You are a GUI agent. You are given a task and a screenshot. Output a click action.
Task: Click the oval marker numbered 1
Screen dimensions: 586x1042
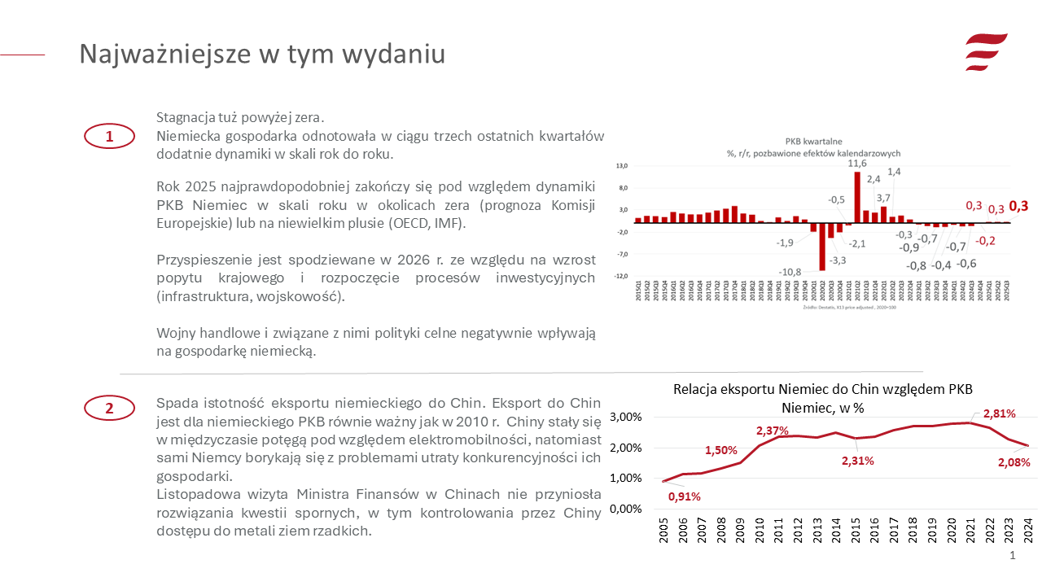pos(109,137)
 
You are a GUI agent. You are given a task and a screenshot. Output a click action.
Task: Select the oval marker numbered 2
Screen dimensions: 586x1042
pos(109,408)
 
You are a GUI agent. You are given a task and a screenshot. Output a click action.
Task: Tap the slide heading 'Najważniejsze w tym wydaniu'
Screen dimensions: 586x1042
pos(262,54)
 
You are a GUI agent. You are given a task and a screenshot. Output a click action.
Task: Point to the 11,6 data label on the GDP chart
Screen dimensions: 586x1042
pos(857,164)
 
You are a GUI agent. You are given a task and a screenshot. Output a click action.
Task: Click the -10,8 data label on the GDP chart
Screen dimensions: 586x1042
pos(790,272)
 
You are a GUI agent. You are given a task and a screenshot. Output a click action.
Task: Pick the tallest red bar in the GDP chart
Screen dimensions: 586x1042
pos(857,197)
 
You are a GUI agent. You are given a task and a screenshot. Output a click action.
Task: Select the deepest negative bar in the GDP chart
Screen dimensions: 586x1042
pos(822,246)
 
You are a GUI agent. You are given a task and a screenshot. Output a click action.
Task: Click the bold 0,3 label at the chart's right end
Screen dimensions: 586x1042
pos(1018,206)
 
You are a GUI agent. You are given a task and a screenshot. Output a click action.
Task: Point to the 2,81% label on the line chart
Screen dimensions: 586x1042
pos(999,413)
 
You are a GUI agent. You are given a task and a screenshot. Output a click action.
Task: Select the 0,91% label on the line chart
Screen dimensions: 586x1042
pos(685,496)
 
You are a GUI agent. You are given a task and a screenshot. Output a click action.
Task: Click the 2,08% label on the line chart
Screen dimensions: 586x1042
pos(1014,462)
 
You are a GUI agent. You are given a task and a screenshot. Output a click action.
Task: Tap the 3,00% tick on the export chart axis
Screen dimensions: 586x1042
pos(626,417)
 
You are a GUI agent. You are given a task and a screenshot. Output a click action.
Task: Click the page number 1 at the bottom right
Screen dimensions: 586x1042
pos(1013,555)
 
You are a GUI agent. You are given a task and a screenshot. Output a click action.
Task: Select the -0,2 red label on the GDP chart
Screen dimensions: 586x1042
pos(986,241)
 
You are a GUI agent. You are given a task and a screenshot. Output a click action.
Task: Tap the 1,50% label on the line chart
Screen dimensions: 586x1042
pos(721,450)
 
